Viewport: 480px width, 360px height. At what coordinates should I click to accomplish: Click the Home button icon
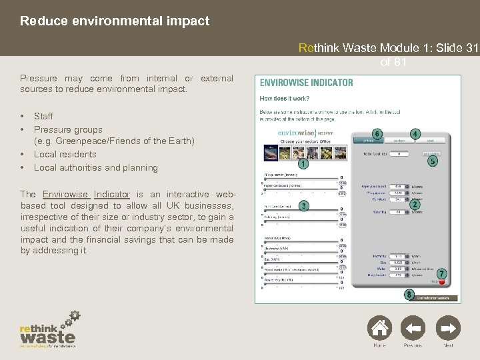coord(379,329)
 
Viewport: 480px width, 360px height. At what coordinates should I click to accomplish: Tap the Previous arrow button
coord(413,329)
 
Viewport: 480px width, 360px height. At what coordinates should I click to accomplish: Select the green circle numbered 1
coord(303,163)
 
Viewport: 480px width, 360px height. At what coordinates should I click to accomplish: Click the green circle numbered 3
coord(303,206)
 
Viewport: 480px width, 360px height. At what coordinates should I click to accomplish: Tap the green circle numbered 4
coord(415,134)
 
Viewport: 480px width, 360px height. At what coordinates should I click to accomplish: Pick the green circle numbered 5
coord(433,161)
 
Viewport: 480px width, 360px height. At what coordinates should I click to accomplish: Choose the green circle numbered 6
coord(377,133)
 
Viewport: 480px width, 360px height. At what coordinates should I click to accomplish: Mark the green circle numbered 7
coord(441,274)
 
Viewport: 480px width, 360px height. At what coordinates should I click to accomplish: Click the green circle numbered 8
coord(409,294)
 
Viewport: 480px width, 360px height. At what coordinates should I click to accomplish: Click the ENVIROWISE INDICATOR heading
coord(306,83)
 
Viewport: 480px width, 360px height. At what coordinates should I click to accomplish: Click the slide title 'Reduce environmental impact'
coord(115,21)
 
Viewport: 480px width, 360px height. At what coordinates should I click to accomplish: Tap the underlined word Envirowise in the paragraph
coord(66,195)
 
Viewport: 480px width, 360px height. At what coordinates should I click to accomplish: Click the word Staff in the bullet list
coord(44,117)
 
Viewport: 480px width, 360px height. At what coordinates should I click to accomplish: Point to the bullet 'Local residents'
coord(65,155)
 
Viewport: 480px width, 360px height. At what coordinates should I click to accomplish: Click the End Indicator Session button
coord(433,297)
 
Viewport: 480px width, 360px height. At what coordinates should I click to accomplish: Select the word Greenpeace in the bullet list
coord(83,141)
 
